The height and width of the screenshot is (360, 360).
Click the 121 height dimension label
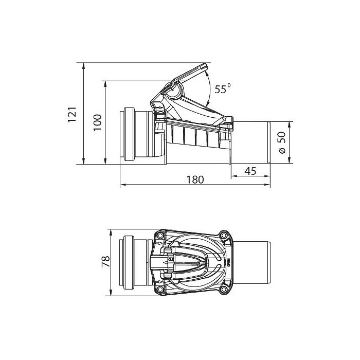click(72, 114)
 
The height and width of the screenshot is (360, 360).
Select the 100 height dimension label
click(97, 122)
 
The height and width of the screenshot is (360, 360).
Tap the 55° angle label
click(223, 88)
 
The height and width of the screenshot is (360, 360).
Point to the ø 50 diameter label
click(282, 142)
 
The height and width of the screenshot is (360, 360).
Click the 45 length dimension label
click(250, 171)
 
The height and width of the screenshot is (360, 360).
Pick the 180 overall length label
click(195, 180)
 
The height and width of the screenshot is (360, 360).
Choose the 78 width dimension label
click(105, 262)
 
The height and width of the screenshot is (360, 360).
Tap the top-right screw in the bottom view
click(223, 236)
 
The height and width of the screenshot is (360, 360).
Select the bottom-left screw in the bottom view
click(160, 289)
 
